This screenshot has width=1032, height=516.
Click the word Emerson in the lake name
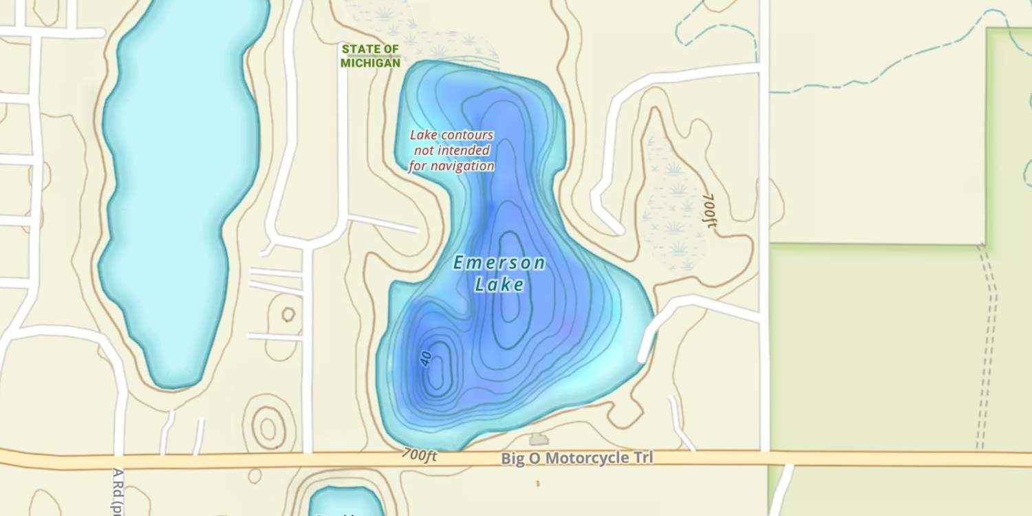[x=499, y=262]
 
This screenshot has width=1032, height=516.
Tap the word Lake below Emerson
[x=499, y=284]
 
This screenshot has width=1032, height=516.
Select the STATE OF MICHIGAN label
[x=370, y=56]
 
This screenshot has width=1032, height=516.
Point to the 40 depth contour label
[x=425, y=358]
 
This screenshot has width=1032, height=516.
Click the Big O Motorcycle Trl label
[x=577, y=458]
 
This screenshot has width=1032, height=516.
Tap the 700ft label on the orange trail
[x=420, y=455]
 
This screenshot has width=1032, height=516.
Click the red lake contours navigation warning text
[x=451, y=151]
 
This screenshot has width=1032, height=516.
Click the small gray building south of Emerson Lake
[x=538, y=439]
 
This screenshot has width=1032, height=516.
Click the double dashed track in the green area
[x=988, y=344]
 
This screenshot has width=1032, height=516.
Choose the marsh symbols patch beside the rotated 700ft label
[x=671, y=206]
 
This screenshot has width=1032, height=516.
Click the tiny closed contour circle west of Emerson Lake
[x=288, y=314]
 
